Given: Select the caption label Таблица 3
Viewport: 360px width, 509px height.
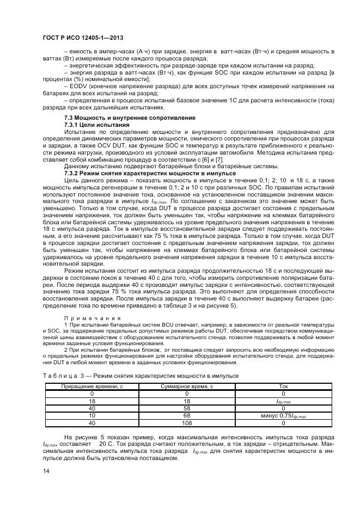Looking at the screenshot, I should click(x=59, y=375).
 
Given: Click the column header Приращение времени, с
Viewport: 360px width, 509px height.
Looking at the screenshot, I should click(x=91, y=386).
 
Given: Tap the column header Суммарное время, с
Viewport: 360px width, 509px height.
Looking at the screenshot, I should click(x=187, y=386).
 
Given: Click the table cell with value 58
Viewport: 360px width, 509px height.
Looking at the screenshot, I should click(x=187, y=407).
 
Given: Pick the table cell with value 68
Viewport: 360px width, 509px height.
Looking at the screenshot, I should click(x=187, y=415).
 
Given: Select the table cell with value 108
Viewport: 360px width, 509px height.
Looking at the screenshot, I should click(x=187, y=422).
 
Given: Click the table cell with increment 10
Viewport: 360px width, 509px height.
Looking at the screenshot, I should click(x=91, y=415).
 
